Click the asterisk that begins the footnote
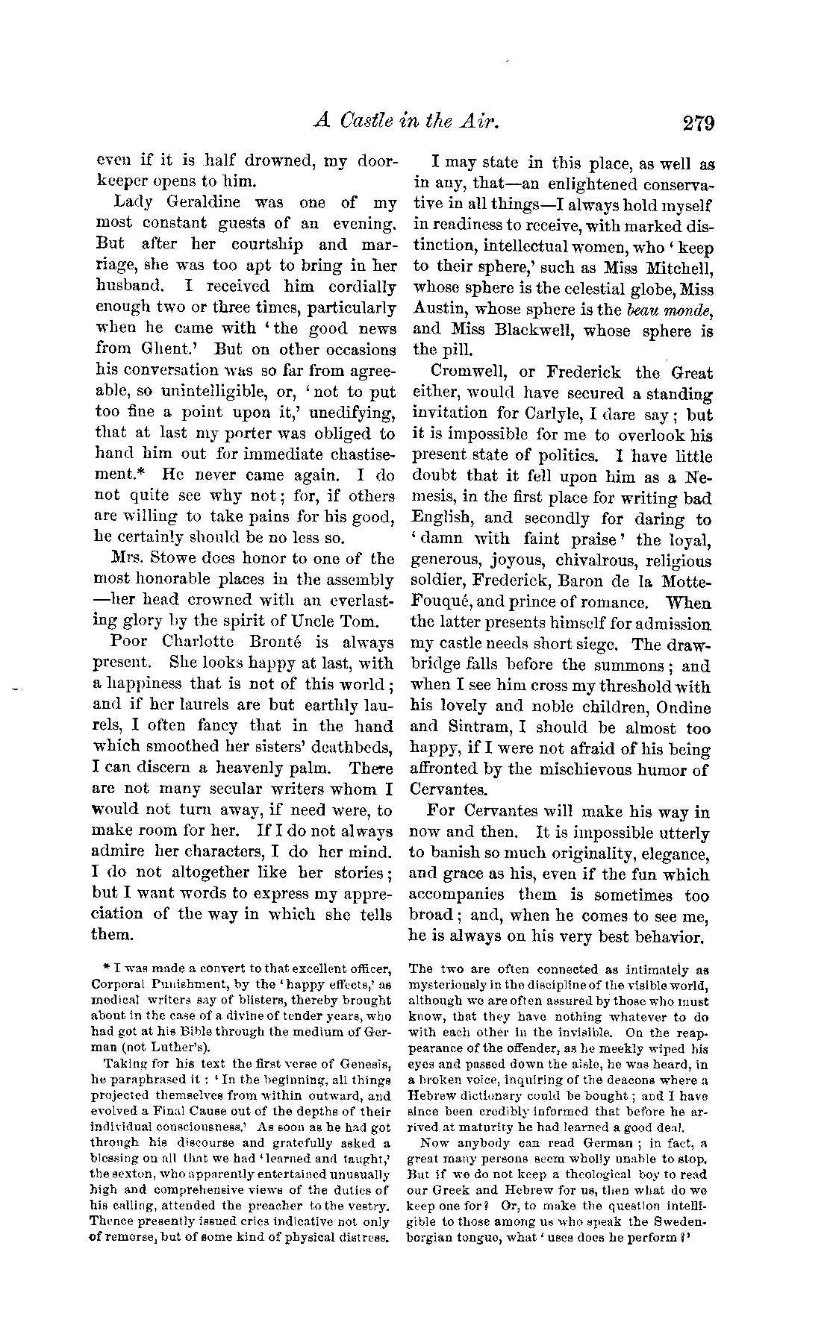(x=108, y=968)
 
